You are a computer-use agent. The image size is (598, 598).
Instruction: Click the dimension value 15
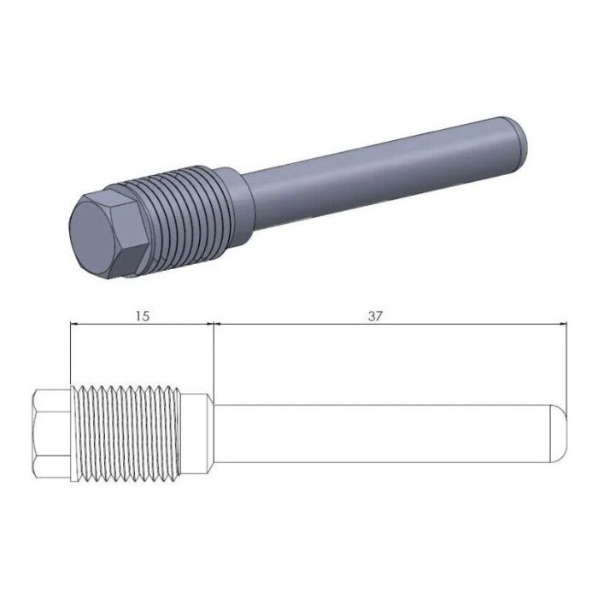click(142, 315)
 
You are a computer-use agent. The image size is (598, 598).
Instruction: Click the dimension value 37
click(374, 315)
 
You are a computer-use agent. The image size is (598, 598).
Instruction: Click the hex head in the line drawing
click(51, 434)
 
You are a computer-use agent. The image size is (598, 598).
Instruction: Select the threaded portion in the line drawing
click(128, 434)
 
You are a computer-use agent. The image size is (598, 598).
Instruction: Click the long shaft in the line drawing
click(376, 434)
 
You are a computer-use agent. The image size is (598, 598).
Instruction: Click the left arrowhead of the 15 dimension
click(75, 325)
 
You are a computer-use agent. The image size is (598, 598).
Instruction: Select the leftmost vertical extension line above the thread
click(70, 355)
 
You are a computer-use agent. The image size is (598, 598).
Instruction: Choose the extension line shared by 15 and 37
click(212, 359)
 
